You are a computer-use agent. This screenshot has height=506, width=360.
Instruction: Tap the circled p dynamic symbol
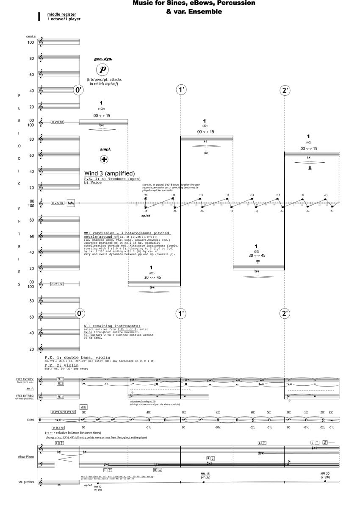point(102,70)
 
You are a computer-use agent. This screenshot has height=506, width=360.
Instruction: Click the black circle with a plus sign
point(104,159)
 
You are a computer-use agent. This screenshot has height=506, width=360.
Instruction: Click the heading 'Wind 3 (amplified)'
point(109,173)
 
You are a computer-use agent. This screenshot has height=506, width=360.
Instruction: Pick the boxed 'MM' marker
point(71,203)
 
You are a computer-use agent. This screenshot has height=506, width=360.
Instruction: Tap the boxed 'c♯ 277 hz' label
point(57,203)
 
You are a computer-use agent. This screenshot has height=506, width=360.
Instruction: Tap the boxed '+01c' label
point(83,407)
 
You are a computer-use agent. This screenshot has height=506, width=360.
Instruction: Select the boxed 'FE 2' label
point(60,384)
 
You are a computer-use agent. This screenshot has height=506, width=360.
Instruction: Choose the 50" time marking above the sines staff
point(269,412)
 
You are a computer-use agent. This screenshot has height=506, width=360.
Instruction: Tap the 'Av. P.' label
point(30,389)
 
